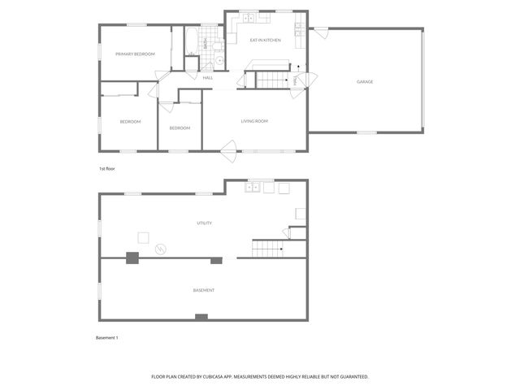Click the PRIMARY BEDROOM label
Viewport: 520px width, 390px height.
point(135,54)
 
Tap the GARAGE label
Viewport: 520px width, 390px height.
point(365,81)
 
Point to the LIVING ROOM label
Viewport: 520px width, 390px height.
point(254,121)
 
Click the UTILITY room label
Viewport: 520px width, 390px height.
point(204,223)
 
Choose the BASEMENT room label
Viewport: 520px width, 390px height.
point(204,290)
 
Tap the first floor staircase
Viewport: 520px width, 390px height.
point(274,80)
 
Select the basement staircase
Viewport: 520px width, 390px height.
point(267,249)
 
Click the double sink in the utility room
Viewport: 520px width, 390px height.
point(253,188)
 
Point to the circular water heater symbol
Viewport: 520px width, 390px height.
point(160,247)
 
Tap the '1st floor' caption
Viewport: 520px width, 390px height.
point(107,168)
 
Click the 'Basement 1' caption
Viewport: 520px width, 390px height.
point(107,337)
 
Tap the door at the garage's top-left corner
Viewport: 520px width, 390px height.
point(321,32)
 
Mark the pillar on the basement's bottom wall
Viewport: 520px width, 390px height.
point(201,317)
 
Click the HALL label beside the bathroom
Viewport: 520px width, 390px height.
point(208,78)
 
